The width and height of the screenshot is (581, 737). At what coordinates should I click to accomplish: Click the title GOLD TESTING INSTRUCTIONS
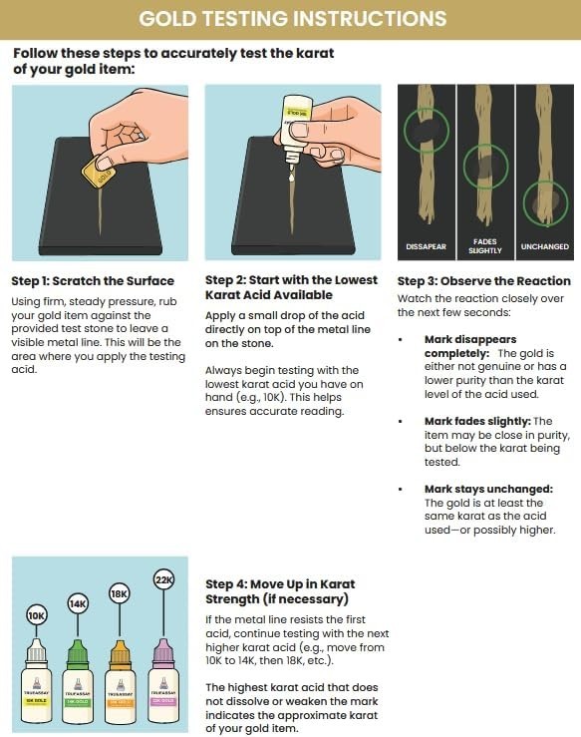[x=291, y=19]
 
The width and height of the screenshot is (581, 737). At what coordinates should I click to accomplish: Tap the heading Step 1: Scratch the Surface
[x=93, y=281]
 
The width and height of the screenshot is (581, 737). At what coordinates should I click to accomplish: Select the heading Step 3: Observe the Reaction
[x=483, y=281]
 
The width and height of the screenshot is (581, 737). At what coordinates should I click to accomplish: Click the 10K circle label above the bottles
[x=38, y=615]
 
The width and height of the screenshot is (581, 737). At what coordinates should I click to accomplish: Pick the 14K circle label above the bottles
[x=78, y=603]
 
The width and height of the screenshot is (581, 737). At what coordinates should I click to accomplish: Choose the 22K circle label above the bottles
[x=161, y=579]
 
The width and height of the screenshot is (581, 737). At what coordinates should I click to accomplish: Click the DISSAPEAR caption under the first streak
[x=426, y=245]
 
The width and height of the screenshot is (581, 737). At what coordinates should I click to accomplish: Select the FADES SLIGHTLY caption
[x=483, y=245]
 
